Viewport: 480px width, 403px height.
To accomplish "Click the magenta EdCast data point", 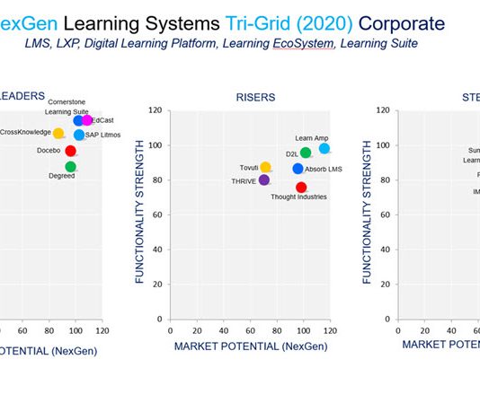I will point(87,120).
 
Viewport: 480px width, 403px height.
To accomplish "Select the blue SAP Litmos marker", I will point(79,135).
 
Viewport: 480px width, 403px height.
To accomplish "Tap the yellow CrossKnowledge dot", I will point(58,134).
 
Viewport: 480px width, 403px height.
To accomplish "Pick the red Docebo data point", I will point(70,151).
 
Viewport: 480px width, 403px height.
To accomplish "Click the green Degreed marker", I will point(70,166).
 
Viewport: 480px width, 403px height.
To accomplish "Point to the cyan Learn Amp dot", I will point(324,148).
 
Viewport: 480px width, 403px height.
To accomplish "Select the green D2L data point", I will point(306,153).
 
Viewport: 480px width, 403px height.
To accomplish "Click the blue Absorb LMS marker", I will point(298,169).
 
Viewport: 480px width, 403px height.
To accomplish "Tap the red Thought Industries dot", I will point(301,187).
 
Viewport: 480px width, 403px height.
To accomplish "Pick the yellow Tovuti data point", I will point(265,167).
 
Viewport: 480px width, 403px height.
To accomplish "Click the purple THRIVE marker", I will point(263,180).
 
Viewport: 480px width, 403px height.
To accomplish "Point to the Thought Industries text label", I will point(298,197).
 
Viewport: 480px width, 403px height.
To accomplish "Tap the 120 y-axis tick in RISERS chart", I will point(155,110).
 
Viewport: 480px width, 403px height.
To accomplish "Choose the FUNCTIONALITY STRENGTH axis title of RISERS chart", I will point(140,215).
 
